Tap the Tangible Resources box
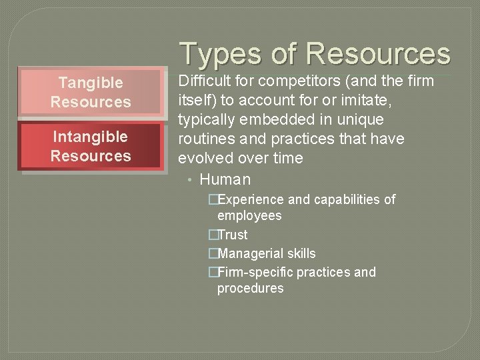coord(91,92)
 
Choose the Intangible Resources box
coord(91,146)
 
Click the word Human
coord(225,179)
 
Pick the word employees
coord(249,215)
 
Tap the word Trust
coord(232,235)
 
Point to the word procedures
coord(250,288)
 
